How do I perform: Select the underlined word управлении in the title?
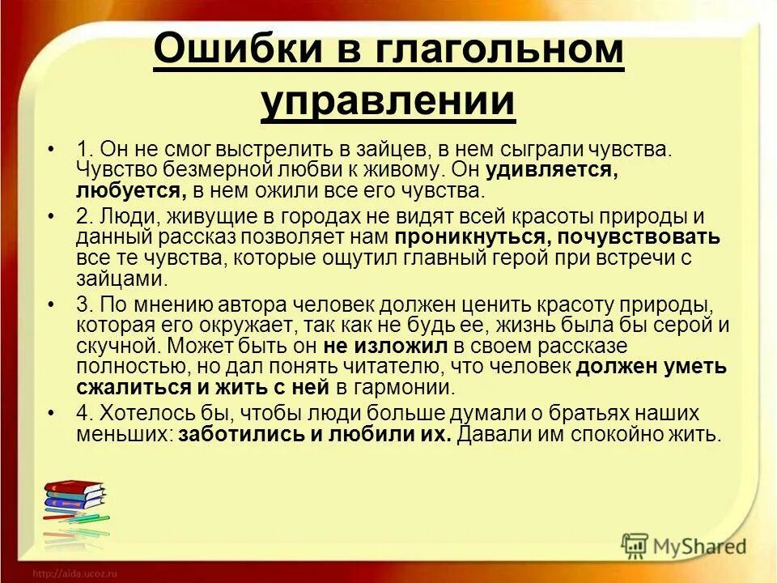click(x=388, y=102)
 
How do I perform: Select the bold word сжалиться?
click(x=129, y=387)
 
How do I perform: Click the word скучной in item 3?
click(x=112, y=346)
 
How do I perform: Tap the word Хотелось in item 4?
click(x=139, y=412)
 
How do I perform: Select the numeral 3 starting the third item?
click(x=83, y=304)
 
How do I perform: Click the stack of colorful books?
click(x=74, y=505)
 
